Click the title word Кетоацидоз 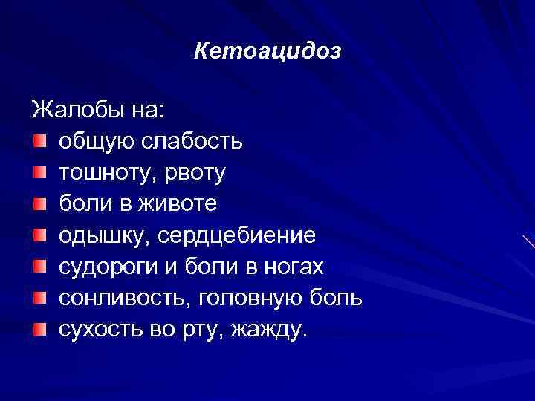point(267,51)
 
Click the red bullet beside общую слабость point(39,141)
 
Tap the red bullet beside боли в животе point(39,203)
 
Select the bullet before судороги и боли point(39,266)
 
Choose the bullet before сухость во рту point(39,328)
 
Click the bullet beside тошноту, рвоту point(39,172)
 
